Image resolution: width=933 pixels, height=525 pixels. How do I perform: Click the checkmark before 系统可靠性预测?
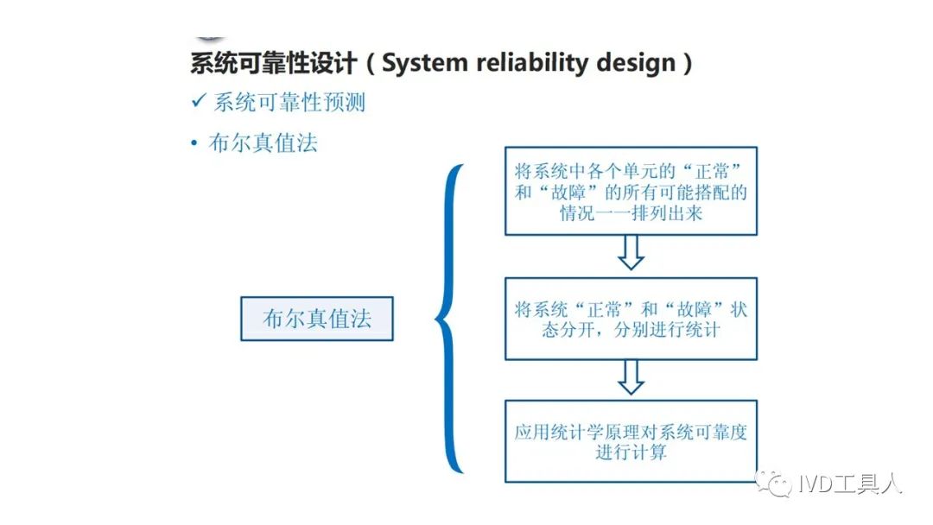pyautogui.click(x=199, y=100)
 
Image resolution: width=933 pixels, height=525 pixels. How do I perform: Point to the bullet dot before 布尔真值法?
pyautogui.click(x=194, y=143)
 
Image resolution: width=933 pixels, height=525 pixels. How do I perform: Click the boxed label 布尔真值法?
pyautogui.click(x=317, y=319)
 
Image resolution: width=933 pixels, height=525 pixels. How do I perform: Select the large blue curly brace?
pyautogui.click(x=449, y=318)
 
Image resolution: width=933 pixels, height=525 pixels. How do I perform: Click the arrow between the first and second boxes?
pyautogui.click(x=631, y=253)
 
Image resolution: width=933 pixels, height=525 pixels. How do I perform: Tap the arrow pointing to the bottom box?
pyautogui.click(x=631, y=377)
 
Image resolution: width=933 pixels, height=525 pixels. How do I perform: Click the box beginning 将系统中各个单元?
pyautogui.click(x=631, y=191)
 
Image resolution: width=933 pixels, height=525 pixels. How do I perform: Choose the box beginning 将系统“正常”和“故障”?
pyautogui.click(x=631, y=319)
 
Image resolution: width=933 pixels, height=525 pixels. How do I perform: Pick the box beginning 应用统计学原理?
pyautogui.click(x=631, y=441)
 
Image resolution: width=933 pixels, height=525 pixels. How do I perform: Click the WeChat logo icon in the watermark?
pyautogui.click(x=773, y=483)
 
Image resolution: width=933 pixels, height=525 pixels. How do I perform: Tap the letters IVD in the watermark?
pyautogui.click(x=816, y=484)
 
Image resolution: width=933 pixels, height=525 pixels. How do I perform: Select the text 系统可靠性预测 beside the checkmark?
pyautogui.click(x=289, y=102)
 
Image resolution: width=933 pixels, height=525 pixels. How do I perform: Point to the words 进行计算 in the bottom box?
pyautogui.click(x=631, y=452)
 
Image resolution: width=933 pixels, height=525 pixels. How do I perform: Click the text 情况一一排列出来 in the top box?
pyautogui.click(x=631, y=212)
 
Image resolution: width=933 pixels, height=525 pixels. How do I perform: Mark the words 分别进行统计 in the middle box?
pyautogui.click(x=666, y=329)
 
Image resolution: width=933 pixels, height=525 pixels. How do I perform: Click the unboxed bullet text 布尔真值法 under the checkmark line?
pyautogui.click(x=263, y=143)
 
